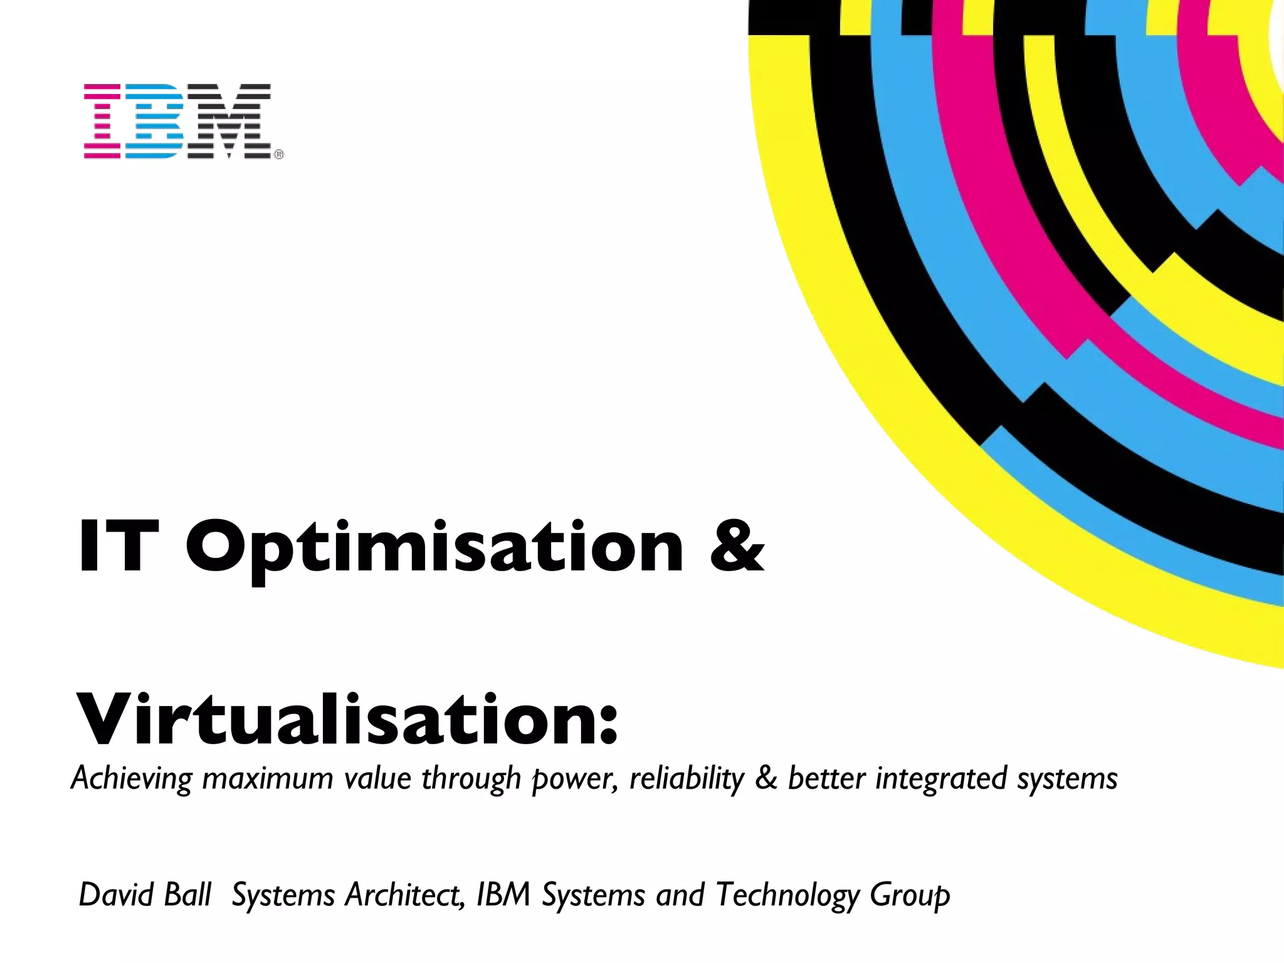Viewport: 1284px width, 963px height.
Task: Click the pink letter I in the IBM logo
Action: click(x=102, y=120)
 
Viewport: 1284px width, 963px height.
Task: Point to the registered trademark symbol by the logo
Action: click(x=279, y=154)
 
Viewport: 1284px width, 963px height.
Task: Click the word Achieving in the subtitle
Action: click(x=131, y=779)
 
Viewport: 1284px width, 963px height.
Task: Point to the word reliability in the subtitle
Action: click(x=686, y=779)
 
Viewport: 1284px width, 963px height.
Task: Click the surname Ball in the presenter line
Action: click(x=187, y=895)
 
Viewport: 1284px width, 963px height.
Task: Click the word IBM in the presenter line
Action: click(x=503, y=895)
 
